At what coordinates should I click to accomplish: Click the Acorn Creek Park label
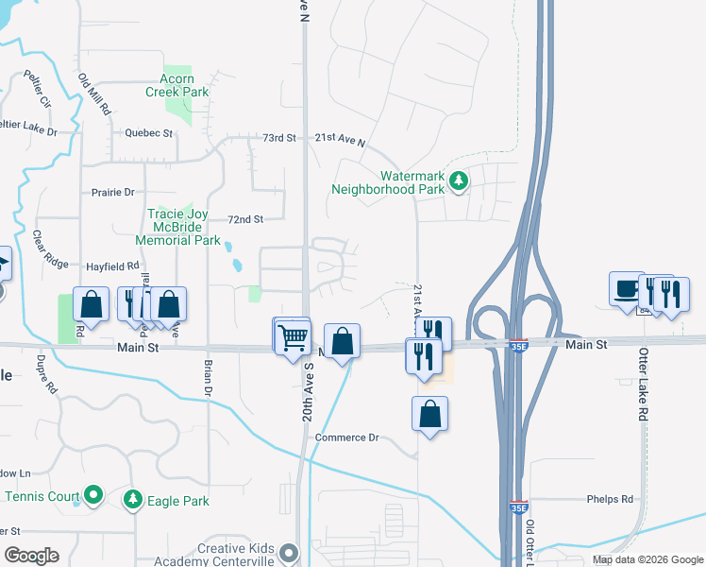pos(176,86)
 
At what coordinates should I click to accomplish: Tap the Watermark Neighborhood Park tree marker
pos(458,180)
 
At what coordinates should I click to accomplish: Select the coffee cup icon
pos(626,289)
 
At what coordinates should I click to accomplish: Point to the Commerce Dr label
pos(346,438)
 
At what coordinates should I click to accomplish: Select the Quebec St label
pos(149,133)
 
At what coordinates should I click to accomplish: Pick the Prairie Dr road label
pos(113,192)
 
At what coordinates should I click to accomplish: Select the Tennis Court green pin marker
pos(92,494)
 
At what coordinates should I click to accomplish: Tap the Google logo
pos(31,556)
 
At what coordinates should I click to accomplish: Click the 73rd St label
pos(279,138)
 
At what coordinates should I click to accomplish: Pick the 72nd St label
pos(244,219)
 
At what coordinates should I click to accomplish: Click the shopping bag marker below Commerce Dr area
pos(429,414)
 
